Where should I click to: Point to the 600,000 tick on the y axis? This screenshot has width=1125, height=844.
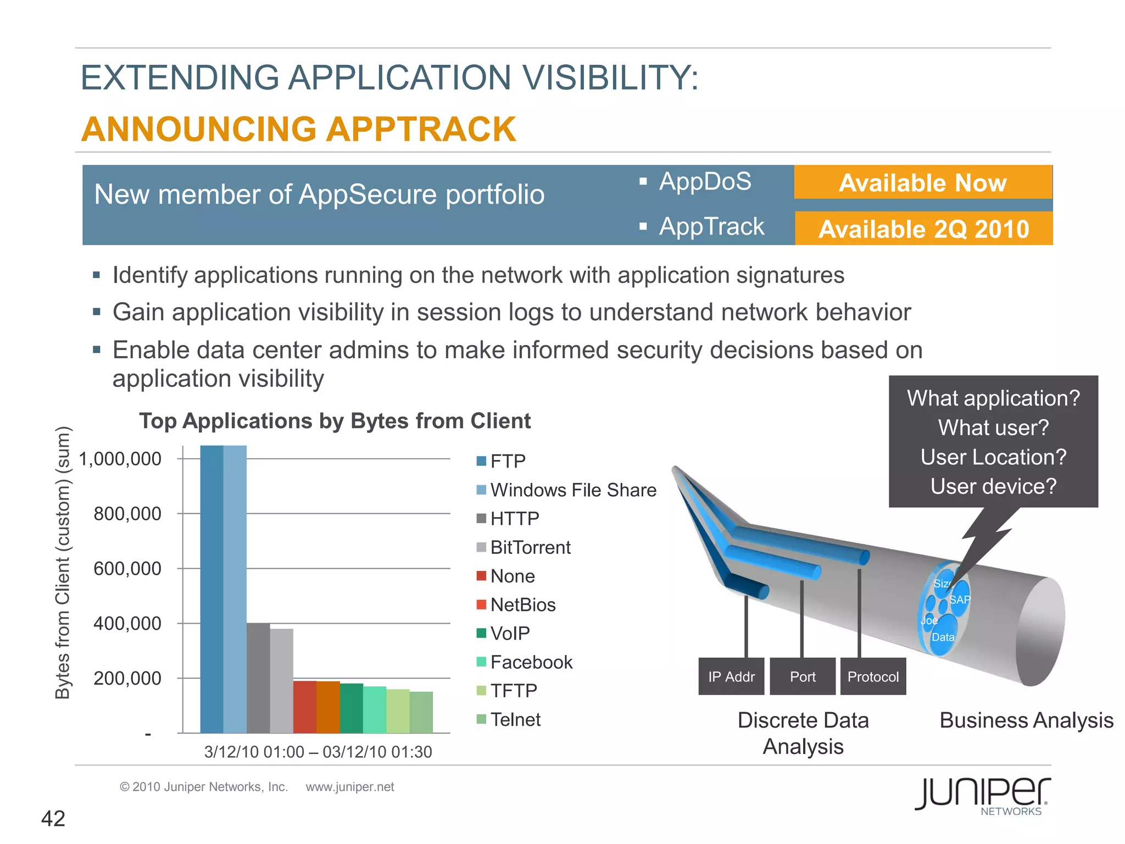127,568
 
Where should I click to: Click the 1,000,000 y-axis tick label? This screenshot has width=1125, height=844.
120,459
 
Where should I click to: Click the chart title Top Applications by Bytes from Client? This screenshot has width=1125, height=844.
335,421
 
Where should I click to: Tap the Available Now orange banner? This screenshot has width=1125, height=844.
923,182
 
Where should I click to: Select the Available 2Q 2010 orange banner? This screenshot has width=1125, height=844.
923,229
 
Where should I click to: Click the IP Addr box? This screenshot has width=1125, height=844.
731,676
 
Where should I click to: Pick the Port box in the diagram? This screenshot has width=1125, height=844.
803,676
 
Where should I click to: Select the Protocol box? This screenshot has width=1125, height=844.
873,676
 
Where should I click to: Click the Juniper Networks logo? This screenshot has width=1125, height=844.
983,795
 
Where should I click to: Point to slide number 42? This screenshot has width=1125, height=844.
53,819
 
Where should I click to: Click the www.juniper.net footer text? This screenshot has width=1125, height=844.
350,787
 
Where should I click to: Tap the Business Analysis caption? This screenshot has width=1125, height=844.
1026,720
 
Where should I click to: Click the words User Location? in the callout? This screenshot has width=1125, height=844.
993,457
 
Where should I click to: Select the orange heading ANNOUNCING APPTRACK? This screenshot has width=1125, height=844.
299,130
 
